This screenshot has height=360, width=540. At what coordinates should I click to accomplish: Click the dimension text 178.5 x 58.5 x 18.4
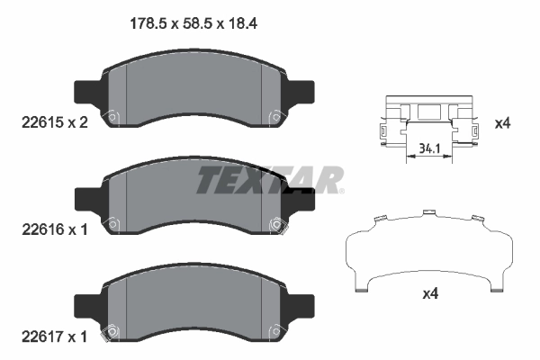click(x=193, y=23)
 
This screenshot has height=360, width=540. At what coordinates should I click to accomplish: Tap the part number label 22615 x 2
click(x=55, y=122)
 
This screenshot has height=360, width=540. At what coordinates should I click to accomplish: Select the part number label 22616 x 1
click(x=55, y=229)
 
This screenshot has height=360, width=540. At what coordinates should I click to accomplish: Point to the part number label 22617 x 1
click(x=55, y=337)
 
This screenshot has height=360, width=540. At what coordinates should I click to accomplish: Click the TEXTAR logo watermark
click(x=270, y=180)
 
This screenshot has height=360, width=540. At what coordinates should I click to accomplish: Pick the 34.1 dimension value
click(x=429, y=148)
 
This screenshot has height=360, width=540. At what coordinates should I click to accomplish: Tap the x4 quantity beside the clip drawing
click(x=502, y=123)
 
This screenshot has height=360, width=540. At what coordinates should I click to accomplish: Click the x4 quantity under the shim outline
click(x=430, y=294)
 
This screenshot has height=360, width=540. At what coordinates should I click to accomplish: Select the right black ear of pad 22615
click(x=301, y=92)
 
